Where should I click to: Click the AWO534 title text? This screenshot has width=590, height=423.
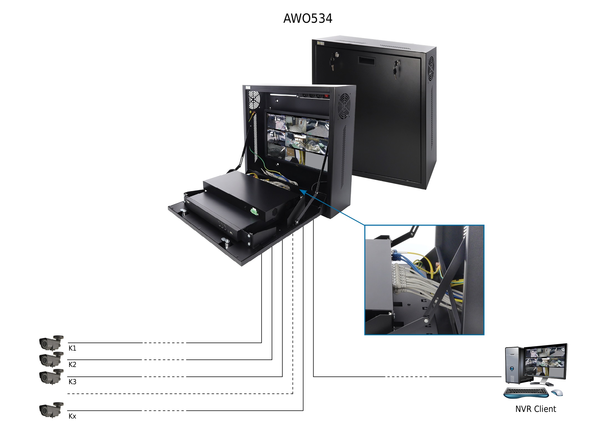pyautogui.click(x=307, y=19)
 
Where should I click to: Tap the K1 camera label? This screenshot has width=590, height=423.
pyautogui.click(x=72, y=348)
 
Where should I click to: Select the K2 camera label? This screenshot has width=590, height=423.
pyautogui.click(x=72, y=365)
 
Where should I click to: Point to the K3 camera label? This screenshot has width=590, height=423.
pyautogui.click(x=72, y=382)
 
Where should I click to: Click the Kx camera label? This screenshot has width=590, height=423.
pyautogui.click(x=72, y=416)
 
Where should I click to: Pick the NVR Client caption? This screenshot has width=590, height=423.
pyautogui.click(x=536, y=409)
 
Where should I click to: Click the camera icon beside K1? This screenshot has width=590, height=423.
pyautogui.click(x=51, y=343)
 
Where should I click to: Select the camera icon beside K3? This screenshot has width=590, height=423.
pyautogui.click(x=51, y=377)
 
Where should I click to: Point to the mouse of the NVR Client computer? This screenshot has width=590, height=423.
pyautogui.click(x=557, y=392)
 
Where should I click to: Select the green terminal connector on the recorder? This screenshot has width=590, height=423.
pyautogui.click(x=254, y=212)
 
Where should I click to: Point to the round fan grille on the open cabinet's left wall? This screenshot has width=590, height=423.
pyautogui.click(x=254, y=100)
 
